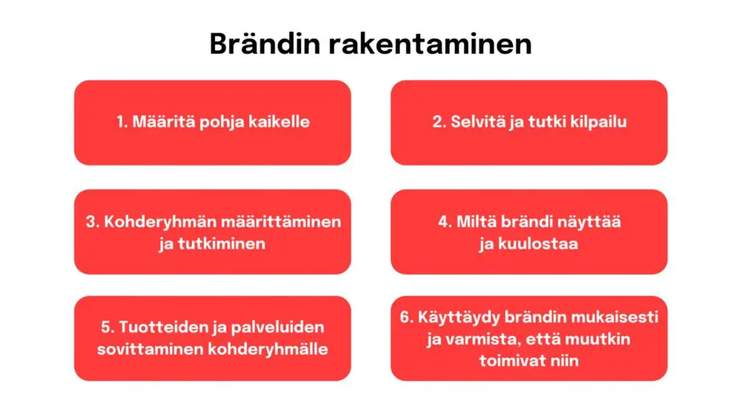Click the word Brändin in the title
coord(265,44)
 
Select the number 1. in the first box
coord(122,122)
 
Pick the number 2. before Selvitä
coord(439,122)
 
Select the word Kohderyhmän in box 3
coord(160,222)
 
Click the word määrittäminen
coord(281,222)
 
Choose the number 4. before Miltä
coord(445,222)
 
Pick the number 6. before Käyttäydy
coord(407,317)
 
